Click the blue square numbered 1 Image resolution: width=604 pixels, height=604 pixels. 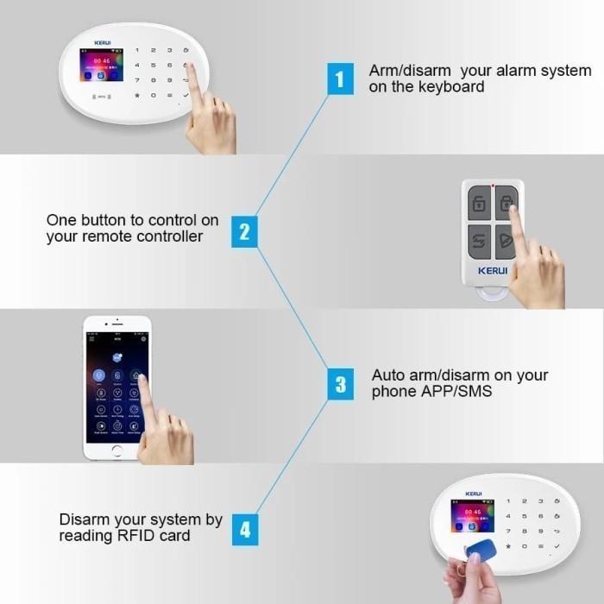[339, 80]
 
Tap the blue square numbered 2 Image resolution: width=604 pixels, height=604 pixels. [244, 231]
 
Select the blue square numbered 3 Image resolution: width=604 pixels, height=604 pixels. [340, 384]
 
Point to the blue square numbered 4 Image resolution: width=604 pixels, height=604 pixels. [245, 528]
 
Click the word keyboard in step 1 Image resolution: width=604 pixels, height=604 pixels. [453, 87]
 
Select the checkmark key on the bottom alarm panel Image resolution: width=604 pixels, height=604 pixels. [557, 547]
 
